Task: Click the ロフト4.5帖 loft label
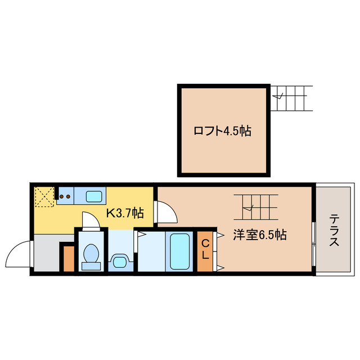click(x=222, y=132)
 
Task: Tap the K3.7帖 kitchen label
click(x=125, y=213)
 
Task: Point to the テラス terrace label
click(x=334, y=231)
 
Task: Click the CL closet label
click(x=206, y=249)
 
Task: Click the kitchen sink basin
click(x=93, y=197)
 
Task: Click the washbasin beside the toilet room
click(x=119, y=260)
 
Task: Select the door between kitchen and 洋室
click(x=166, y=211)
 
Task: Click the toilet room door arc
click(x=91, y=220)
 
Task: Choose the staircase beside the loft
click(x=291, y=98)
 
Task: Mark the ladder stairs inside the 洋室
click(x=256, y=208)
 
